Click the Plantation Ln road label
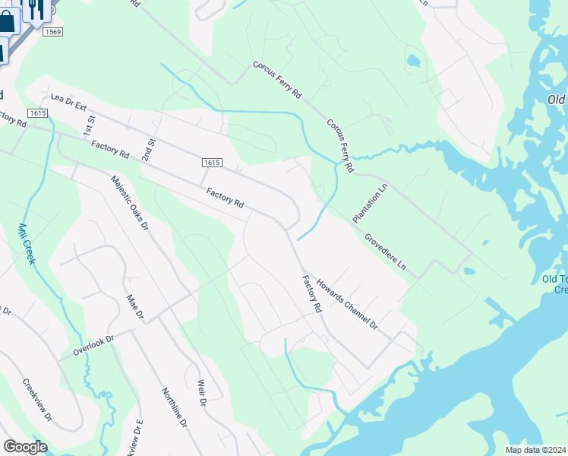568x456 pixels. coord(370,202)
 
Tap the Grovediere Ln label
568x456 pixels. coord(384,252)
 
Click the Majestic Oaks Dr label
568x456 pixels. coord(130,203)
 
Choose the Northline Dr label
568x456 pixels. coord(174,407)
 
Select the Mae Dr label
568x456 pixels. coord(134,307)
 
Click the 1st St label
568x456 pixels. coord(91,120)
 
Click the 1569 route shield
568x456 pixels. coord(52,31)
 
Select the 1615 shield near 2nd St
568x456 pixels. coord(212,163)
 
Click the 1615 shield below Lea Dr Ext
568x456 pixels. coord(37,112)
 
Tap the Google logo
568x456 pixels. coord(25,446)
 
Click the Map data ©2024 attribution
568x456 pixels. coord(535,449)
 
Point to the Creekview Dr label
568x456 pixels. coord(37,400)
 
